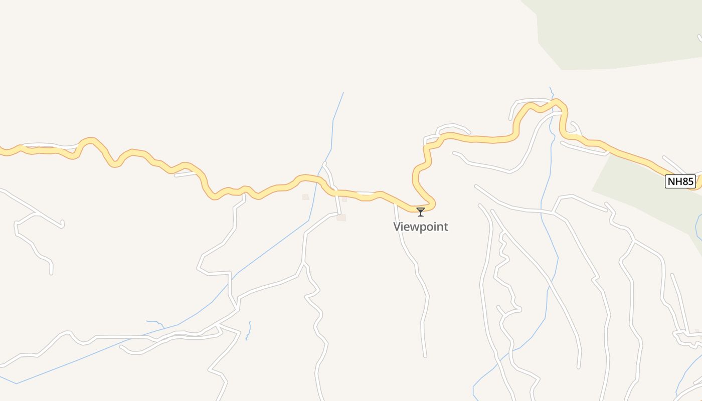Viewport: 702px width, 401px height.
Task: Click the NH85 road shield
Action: pyautogui.click(x=680, y=181)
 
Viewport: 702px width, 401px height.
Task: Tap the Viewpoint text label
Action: pyautogui.click(x=421, y=227)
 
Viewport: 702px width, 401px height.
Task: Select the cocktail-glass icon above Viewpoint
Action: pyautogui.click(x=421, y=212)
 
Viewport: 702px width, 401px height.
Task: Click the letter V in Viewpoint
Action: pyautogui.click(x=397, y=227)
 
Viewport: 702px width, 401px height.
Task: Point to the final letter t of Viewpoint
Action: pyautogui.click(x=446, y=227)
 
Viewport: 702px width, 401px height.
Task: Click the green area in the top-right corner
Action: pyautogui.click(x=622, y=30)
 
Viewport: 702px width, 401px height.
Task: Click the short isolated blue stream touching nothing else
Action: pyautogui.click(x=248, y=331)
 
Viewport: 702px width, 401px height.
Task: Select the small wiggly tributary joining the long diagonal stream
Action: pyautogui.click(x=155, y=322)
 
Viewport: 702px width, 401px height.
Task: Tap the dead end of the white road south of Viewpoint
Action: pyautogui.click(x=425, y=356)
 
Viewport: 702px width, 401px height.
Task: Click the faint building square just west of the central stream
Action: pyautogui.click(x=305, y=197)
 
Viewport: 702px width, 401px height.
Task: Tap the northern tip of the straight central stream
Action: pyautogui.click(x=343, y=93)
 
